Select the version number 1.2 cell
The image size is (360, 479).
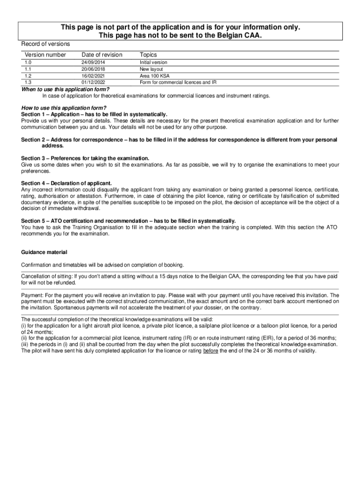point(28,76)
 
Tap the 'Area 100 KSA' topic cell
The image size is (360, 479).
point(154,76)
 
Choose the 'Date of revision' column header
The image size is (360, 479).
point(101,55)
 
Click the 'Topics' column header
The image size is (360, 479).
point(148,55)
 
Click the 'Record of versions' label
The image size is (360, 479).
point(45,44)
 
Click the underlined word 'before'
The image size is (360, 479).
point(211,350)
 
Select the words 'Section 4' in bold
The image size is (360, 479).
point(33,183)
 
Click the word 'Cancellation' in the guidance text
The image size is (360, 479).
point(36,276)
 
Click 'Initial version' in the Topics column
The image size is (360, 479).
point(153,62)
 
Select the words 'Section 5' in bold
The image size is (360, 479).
point(33,221)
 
